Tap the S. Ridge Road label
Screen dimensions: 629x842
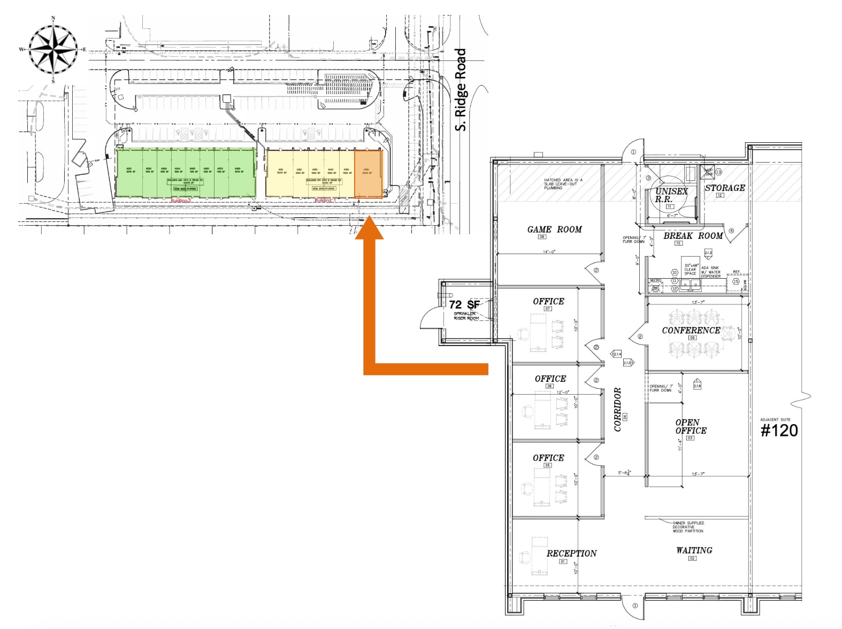(461, 90)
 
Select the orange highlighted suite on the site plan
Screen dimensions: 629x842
(369, 174)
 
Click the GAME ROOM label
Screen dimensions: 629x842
(554, 229)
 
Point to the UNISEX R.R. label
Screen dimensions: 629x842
(670, 195)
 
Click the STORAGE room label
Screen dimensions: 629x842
(724, 188)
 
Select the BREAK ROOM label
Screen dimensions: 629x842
(693, 236)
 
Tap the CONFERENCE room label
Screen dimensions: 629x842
(691, 330)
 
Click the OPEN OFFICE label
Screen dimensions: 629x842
(690, 426)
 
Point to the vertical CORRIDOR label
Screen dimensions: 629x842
(617, 409)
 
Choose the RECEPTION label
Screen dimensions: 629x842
(571, 554)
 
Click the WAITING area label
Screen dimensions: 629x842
(694, 550)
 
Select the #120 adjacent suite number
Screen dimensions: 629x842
(779, 431)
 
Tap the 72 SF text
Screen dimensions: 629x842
(464, 304)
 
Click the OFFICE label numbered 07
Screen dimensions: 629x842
(548, 302)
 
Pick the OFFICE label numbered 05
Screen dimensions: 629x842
(548, 458)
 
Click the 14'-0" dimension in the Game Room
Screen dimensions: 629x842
(549, 251)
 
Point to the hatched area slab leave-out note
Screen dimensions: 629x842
(562, 184)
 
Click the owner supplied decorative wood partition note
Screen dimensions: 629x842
(688, 527)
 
